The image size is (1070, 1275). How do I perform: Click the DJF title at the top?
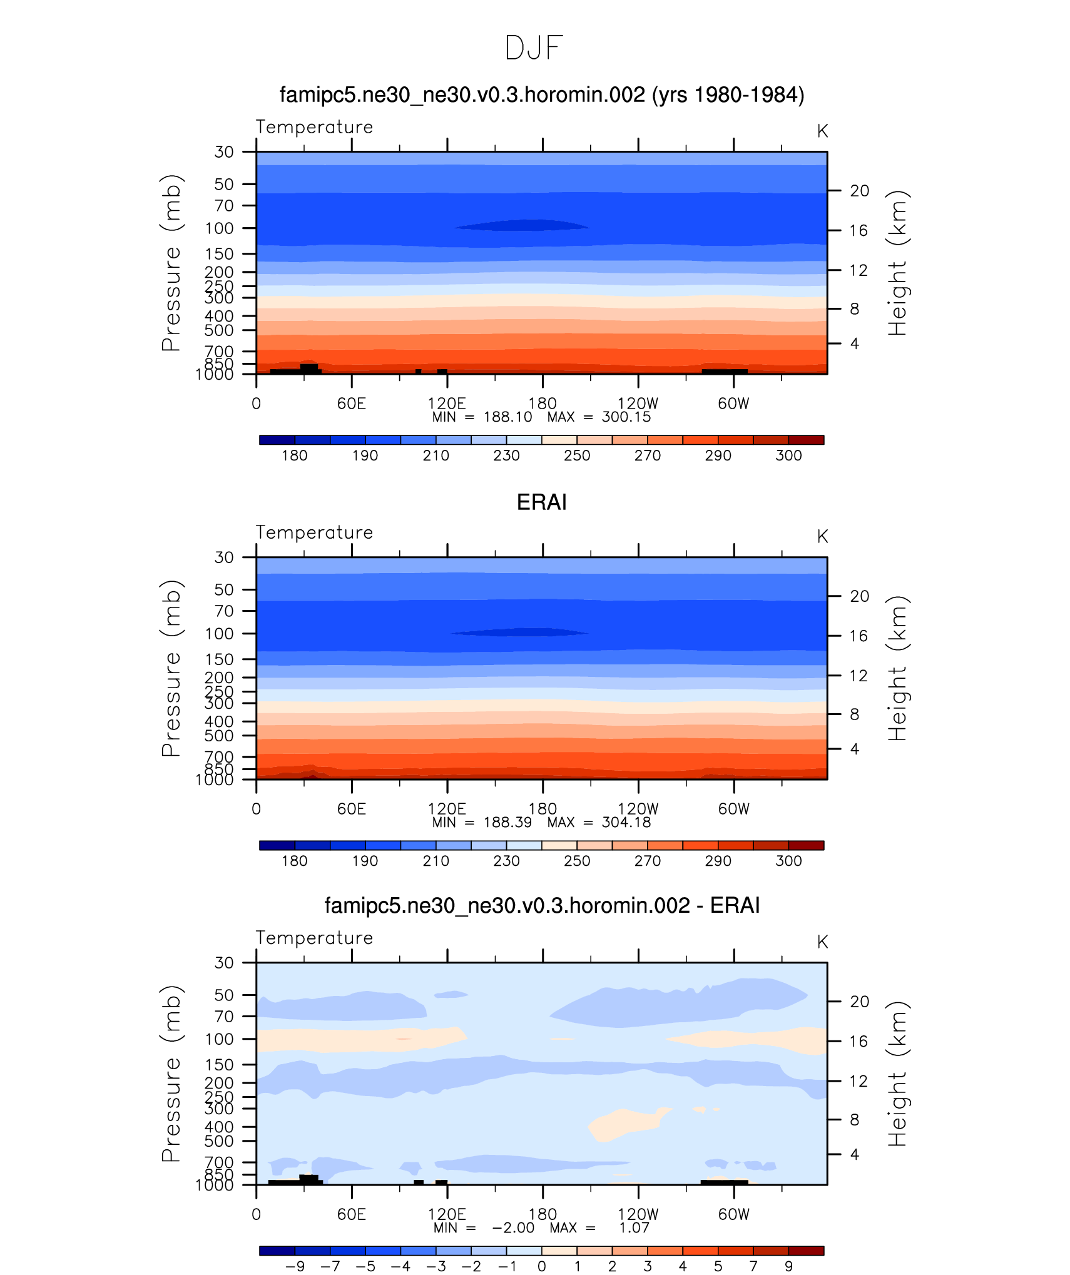(534, 48)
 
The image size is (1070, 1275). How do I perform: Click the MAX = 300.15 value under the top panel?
(599, 417)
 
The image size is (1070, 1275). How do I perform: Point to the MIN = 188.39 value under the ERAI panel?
(482, 823)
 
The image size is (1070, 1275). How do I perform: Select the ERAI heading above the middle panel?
(541, 502)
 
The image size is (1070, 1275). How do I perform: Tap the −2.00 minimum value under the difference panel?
(513, 1228)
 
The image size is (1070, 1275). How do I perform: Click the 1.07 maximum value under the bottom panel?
(634, 1228)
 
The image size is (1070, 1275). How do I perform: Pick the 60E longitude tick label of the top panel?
(351, 404)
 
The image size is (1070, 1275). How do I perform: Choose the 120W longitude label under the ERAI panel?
(638, 809)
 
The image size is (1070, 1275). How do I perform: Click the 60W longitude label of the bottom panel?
(733, 1214)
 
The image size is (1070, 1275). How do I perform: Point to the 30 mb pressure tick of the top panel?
(224, 152)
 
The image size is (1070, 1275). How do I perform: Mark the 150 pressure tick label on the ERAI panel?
(219, 659)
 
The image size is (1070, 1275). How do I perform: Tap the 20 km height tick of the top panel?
(859, 191)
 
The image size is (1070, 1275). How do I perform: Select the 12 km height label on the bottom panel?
(859, 1081)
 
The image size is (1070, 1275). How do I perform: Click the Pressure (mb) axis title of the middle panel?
(171, 668)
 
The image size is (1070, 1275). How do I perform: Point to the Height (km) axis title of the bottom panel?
(897, 1074)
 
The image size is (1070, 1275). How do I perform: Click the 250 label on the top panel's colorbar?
(576, 455)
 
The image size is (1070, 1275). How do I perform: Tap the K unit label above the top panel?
(822, 131)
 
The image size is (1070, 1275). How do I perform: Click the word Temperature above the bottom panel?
(314, 938)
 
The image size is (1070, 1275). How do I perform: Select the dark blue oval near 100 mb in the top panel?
(521, 225)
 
